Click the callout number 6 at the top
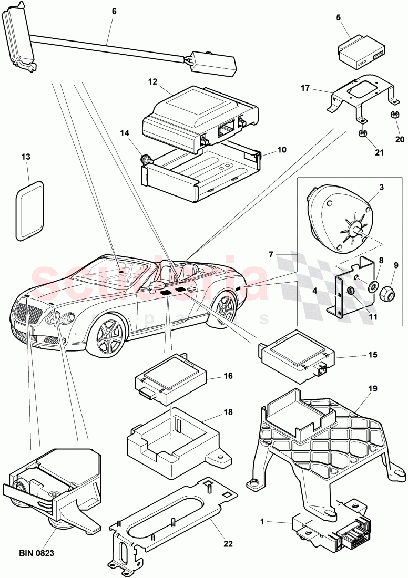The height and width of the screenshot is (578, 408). point(114,11)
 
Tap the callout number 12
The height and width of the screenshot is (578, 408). point(153,82)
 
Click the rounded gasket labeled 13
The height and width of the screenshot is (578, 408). point(29,200)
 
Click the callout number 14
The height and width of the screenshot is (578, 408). point(124,134)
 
